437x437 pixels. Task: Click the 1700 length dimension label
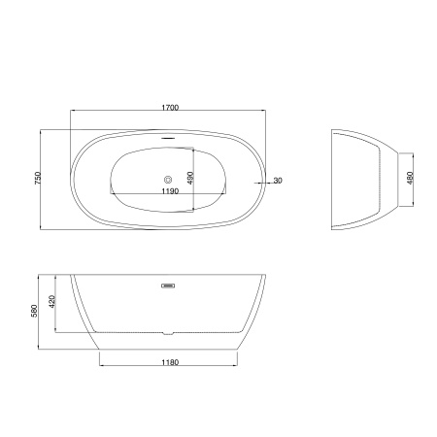[x=170, y=108]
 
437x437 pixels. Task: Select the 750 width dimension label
[x=38, y=179]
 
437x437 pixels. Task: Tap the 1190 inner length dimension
[x=170, y=191]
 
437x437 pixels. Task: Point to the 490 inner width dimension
[x=190, y=179]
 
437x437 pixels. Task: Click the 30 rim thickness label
[x=278, y=181]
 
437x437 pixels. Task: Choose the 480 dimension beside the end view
[x=410, y=179]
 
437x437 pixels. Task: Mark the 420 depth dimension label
[x=51, y=302]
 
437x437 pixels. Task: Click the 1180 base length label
[x=170, y=362]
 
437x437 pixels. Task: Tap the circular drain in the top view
[x=168, y=179]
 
